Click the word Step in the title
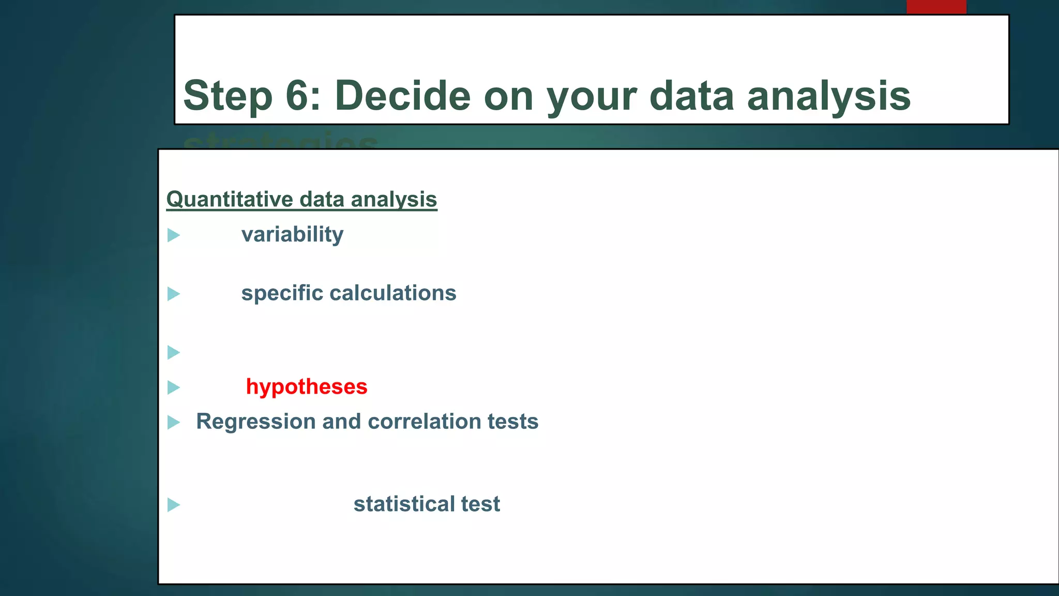click(x=228, y=96)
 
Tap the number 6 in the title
click(x=302, y=95)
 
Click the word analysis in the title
click(x=828, y=96)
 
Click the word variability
click(x=292, y=235)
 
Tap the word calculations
click(x=393, y=293)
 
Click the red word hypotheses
click(x=307, y=387)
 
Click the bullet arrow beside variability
click(x=174, y=235)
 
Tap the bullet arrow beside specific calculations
click(x=174, y=294)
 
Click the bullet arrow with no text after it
click(x=174, y=352)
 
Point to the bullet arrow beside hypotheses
click(x=174, y=388)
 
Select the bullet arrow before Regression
click(x=174, y=423)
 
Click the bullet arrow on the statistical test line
click(x=174, y=504)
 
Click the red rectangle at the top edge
click(x=936, y=7)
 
